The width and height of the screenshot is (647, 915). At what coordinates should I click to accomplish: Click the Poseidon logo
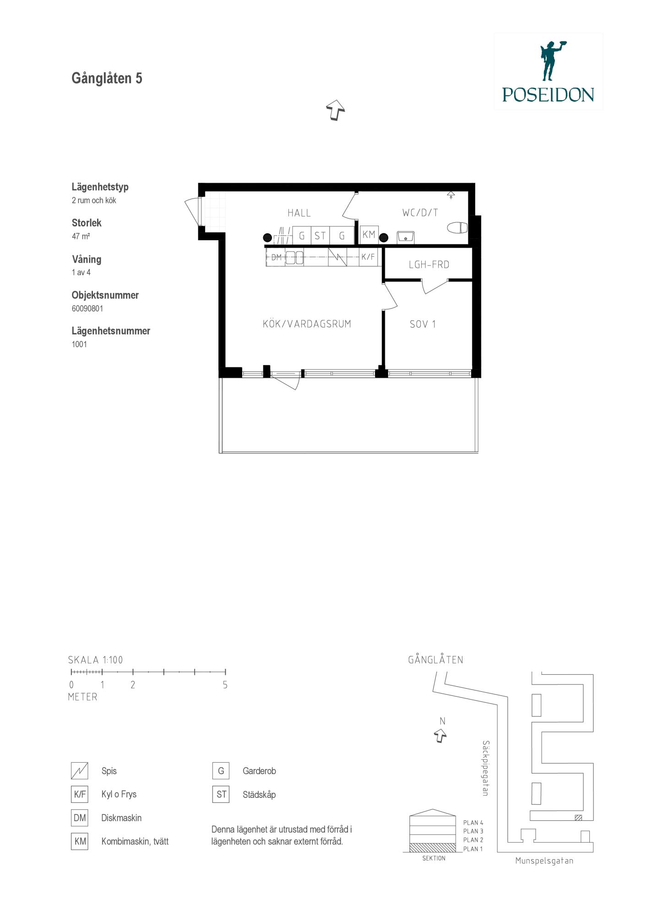(x=548, y=71)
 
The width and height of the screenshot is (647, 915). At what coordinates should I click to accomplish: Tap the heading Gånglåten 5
(x=107, y=78)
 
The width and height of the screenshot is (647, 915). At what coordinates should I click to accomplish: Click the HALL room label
(x=299, y=213)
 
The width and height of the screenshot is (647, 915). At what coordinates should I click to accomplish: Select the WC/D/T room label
(x=420, y=213)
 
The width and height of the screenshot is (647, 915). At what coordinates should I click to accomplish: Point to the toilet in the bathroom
(x=457, y=227)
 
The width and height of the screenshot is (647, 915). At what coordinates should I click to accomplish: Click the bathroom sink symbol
(x=406, y=237)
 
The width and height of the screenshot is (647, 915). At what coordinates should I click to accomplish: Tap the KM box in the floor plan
(x=369, y=235)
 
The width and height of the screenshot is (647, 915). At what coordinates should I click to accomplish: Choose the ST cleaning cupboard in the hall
(x=320, y=236)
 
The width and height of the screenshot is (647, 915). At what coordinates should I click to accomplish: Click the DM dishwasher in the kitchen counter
(x=276, y=258)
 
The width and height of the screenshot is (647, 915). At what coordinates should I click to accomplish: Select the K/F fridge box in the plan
(x=368, y=257)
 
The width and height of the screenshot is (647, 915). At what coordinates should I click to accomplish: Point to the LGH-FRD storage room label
(x=429, y=264)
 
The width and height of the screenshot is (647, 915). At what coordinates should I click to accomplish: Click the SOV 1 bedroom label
(x=423, y=324)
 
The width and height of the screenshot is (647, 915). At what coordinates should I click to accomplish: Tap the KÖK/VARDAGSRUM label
(x=307, y=324)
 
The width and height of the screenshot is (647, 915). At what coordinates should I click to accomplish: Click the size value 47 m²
(x=81, y=237)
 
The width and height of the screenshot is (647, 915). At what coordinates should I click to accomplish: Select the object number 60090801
(x=87, y=308)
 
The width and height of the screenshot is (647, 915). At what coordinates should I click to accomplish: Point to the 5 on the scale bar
(x=225, y=685)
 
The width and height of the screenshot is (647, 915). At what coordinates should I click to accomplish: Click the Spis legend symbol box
(x=80, y=771)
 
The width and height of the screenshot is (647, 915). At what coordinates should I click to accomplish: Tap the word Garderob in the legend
(x=259, y=771)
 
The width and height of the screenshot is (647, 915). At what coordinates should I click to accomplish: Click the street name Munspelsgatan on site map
(x=544, y=861)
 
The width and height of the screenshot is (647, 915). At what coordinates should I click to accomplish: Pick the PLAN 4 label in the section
(x=473, y=823)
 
